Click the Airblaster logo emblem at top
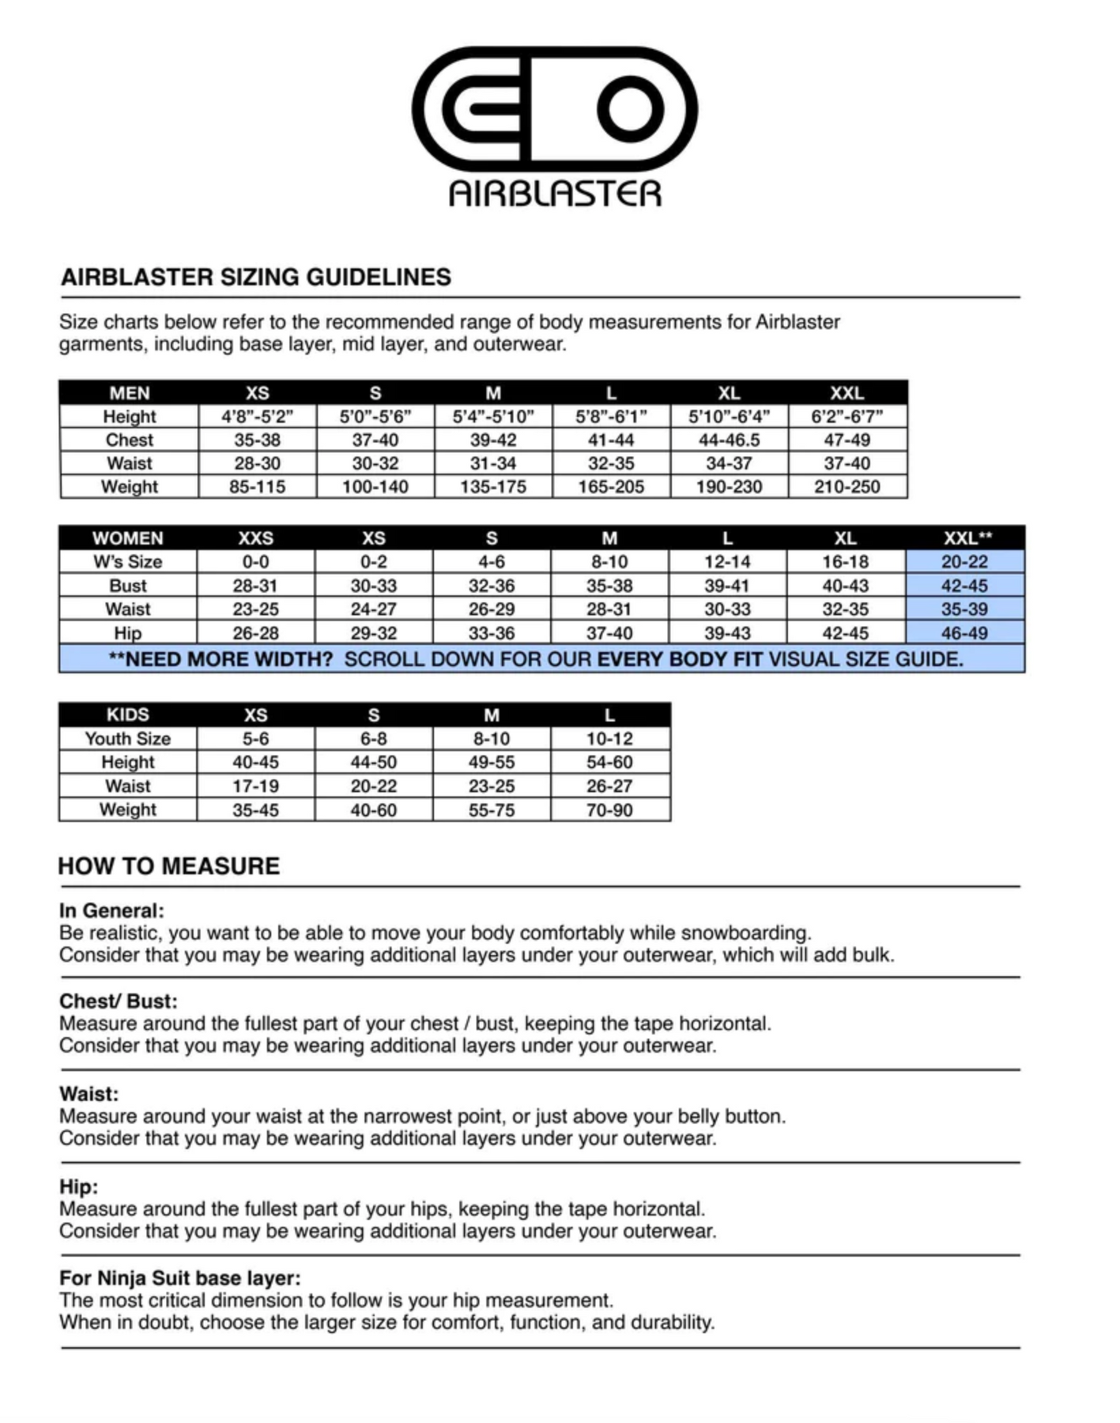pos(554,109)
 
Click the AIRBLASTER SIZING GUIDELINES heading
pos(256,277)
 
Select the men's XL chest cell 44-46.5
pos(729,440)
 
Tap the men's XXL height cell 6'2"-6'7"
pos(847,417)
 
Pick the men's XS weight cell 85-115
pos(257,487)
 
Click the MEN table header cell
pos(130,393)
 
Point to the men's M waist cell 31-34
pos(492,463)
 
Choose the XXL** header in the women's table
pos(966,538)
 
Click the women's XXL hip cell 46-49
pos(964,633)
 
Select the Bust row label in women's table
pos(128,586)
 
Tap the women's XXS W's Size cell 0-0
pos(255,562)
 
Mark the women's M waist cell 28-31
pos(609,610)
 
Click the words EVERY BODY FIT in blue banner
pos(680,659)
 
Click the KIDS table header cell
pos(128,715)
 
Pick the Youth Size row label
pos(128,738)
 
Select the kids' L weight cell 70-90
pos(609,810)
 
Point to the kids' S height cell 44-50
pos(373,762)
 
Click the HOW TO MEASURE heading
pos(169,866)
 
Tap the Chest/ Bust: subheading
pos(119,1002)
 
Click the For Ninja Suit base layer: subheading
pos(179,1278)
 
